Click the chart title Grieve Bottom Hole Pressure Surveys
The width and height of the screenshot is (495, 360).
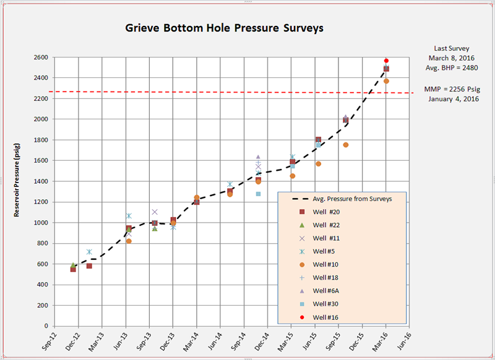point(225,28)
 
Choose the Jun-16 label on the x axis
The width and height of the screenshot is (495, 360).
point(404,342)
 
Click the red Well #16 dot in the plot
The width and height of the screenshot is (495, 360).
point(386,61)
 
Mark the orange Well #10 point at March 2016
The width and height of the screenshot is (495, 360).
point(386,81)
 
